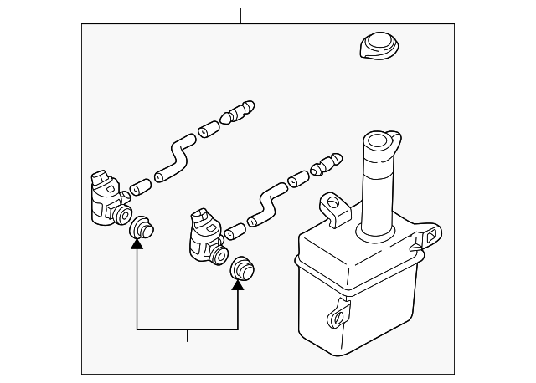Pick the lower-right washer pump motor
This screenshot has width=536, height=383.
click(204, 235)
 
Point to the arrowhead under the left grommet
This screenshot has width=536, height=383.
click(137, 244)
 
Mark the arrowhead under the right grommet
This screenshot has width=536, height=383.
click(239, 284)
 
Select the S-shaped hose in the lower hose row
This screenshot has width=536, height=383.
click(266, 203)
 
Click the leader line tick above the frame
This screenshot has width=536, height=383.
click(240, 16)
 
